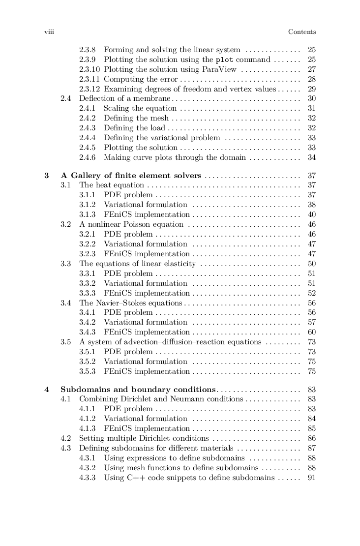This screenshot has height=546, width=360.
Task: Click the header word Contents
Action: [x=301, y=32]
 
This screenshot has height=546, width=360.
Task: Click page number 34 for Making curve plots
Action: [x=311, y=158]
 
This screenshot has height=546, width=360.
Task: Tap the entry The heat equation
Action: [x=112, y=185]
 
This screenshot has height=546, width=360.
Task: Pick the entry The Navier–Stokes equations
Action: [x=130, y=303]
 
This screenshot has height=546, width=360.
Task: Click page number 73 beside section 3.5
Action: [x=311, y=342]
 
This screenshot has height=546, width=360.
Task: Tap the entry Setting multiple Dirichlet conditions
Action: [x=144, y=438]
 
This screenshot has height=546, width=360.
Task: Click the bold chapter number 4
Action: [x=47, y=389]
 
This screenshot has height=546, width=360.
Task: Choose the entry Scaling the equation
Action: [x=140, y=109]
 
